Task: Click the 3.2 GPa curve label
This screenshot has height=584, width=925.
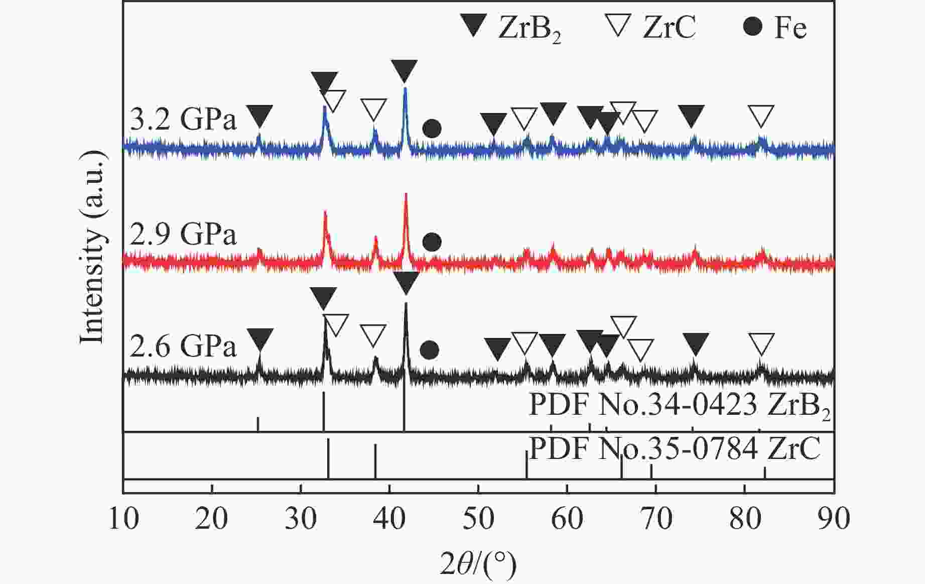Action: pyautogui.click(x=183, y=120)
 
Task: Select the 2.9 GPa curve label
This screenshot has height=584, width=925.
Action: pyautogui.click(x=183, y=234)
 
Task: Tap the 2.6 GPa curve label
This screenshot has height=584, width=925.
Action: pyautogui.click(x=183, y=346)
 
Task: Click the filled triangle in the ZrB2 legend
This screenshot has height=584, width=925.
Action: pyautogui.click(x=473, y=26)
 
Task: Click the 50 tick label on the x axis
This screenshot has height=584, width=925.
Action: pyautogui.click(x=478, y=518)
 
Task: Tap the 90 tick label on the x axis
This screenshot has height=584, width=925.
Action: pyautogui.click(x=834, y=518)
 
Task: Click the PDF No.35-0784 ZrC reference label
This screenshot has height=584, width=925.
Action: pyautogui.click(x=675, y=448)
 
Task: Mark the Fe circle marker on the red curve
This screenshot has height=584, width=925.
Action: pyautogui.click(x=432, y=242)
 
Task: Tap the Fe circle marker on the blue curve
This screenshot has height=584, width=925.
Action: pyautogui.click(x=432, y=129)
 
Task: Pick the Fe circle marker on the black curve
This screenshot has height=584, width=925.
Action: pyautogui.click(x=429, y=350)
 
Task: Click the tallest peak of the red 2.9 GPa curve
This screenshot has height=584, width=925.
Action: pyautogui.click(x=406, y=195)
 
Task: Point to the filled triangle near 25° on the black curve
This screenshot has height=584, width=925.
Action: pyautogui.click(x=260, y=339)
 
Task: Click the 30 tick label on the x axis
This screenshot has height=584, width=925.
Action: pyautogui.click(x=301, y=518)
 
